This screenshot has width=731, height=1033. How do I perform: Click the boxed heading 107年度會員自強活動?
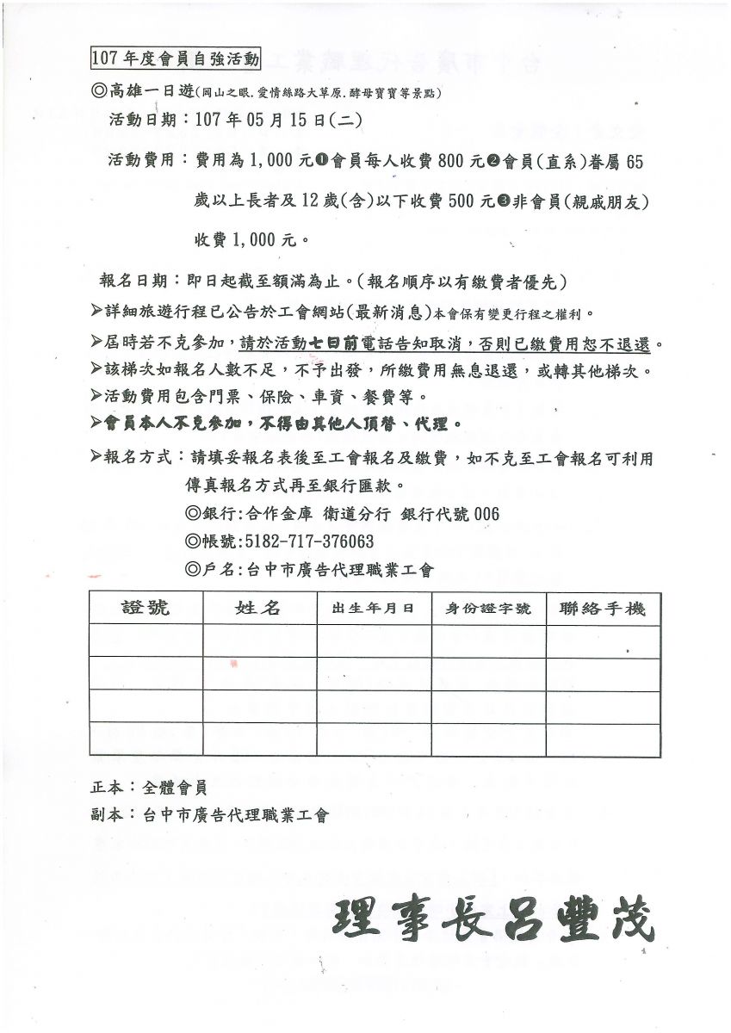pyautogui.click(x=174, y=59)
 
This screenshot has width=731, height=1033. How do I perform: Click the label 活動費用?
pyautogui.click(x=141, y=160)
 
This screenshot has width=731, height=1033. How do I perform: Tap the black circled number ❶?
pyautogui.click(x=321, y=160)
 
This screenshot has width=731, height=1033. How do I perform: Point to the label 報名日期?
pyautogui.click(x=134, y=281)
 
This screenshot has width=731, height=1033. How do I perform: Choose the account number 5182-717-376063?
pyautogui.click(x=309, y=541)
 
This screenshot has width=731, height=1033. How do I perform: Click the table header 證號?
pyautogui.click(x=146, y=608)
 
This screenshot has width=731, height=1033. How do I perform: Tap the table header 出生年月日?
pyautogui.click(x=373, y=609)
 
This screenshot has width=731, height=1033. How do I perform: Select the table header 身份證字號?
pyautogui.click(x=488, y=609)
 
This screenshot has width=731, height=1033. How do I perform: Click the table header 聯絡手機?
pyautogui.click(x=603, y=609)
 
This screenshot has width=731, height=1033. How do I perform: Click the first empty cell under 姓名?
pyautogui.click(x=259, y=640)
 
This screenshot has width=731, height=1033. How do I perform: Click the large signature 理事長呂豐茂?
pyautogui.click(x=492, y=921)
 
